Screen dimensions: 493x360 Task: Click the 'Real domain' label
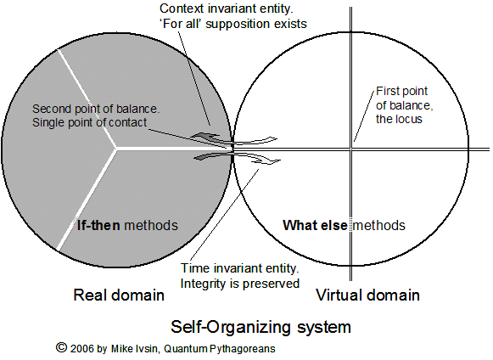(119, 295)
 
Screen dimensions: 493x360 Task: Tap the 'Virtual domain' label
(367, 295)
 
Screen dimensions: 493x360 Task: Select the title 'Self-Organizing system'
(261, 327)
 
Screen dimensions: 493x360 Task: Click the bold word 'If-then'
(98, 225)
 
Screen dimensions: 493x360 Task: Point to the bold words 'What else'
(315, 225)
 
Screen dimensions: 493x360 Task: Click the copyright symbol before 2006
(62, 347)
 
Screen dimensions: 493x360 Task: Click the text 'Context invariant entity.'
(227, 8)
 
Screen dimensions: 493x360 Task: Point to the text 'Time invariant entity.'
(239, 268)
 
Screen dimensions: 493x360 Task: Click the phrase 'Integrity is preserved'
(239, 284)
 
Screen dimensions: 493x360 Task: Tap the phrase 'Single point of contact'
(90, 122)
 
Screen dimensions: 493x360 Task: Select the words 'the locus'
(399, 119)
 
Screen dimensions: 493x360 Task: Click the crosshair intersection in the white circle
(351, 149)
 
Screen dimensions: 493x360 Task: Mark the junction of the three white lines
(115, 148)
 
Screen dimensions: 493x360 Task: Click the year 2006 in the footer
(82, 349)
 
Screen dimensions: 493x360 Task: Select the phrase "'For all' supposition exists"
(233, 24)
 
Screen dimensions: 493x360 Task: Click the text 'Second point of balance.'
(96, 109)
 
